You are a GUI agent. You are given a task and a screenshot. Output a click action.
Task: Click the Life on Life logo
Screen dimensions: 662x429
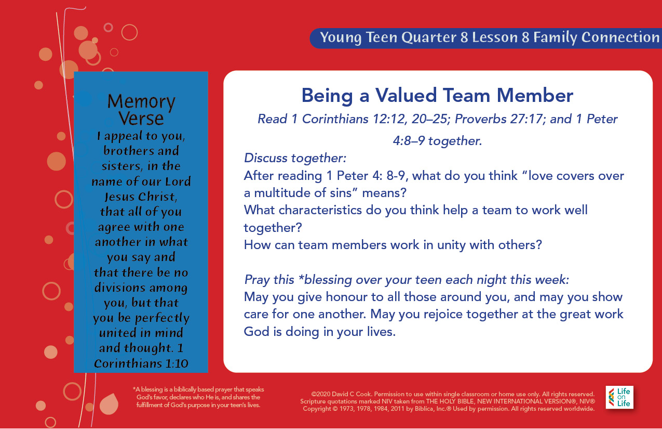point(619,397)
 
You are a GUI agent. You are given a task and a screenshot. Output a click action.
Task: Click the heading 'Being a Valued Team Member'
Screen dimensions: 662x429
point(437,96)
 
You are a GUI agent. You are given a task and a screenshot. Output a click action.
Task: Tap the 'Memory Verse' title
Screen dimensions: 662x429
point(141,109)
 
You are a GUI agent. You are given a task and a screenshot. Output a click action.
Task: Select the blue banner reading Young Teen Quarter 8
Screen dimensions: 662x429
point(486,38)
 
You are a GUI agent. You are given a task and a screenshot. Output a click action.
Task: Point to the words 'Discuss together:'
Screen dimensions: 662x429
point(295,158)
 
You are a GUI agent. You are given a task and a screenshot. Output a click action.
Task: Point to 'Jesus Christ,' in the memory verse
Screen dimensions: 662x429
point(141,197)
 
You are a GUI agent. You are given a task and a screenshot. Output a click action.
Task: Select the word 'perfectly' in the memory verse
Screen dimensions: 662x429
point(162,318)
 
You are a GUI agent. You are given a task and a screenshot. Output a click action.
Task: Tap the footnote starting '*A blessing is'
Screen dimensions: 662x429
point(198,397)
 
